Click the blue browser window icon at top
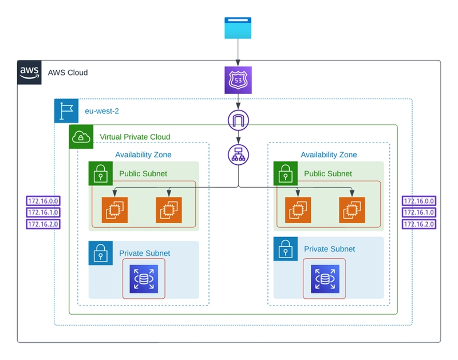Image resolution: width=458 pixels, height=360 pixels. [238, 27]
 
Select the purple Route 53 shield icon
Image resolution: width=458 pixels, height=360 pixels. [238, 80]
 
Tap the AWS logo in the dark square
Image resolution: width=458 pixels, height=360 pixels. [29, 73]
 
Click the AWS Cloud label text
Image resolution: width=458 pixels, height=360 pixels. [68, 73]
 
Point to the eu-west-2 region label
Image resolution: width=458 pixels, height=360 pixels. [102, 111]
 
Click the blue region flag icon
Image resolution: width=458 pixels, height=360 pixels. [66, 110]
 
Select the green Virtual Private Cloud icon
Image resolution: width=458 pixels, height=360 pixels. [81, 137]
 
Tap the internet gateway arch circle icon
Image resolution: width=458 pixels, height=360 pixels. [238, 120]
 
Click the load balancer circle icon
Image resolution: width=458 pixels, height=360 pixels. [238, 155]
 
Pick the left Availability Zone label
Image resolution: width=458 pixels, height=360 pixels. [143, 155]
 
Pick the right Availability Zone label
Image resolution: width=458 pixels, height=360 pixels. [329, 155]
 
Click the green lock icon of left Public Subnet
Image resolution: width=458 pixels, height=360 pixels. [101, 173]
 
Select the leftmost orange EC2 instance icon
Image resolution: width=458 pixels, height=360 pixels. [115, 210]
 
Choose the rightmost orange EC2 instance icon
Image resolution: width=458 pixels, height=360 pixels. [352, 210]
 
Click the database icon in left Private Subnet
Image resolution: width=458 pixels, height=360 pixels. [144, 279]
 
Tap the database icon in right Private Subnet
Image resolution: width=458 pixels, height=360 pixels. [325, 279]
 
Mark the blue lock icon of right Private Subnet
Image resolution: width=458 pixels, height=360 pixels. [285, 249]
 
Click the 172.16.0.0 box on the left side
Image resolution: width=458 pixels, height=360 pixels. [44, 201]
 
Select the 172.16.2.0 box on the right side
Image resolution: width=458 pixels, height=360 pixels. [419, 224]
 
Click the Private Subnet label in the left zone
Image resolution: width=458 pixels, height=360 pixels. [145, 253]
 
